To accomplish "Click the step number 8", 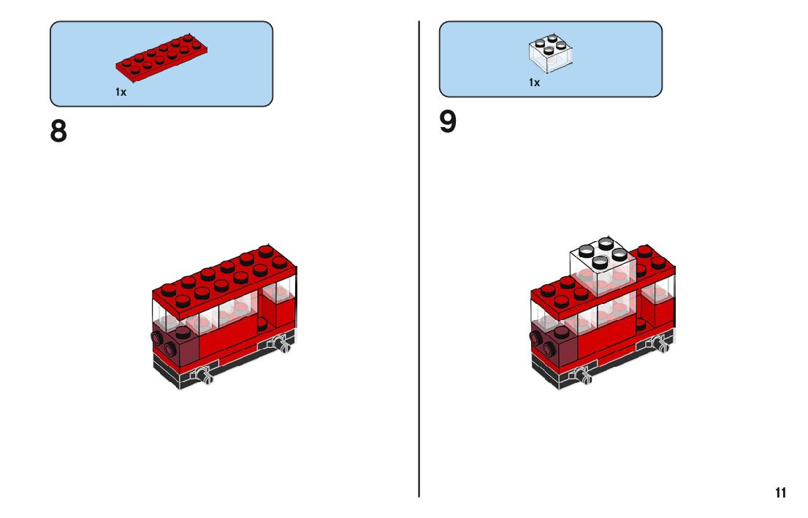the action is click(x=58, y=132).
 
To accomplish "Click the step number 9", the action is click(x=448, y=123).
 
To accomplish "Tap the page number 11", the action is click(x=781, y=493).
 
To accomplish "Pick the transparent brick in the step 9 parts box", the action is click(x=550, y=53).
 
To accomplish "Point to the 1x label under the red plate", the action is click(x=121, y=93).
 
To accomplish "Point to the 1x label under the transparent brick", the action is click(x=535, y=83).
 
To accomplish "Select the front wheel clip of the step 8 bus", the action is click(x=204, y=376).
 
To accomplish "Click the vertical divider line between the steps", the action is click(x=419, y=292).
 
